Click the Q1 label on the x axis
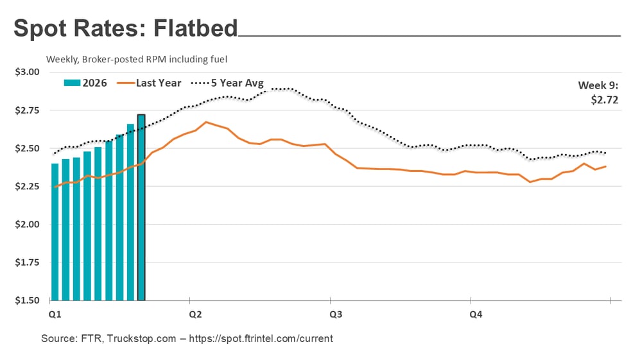[55, 314]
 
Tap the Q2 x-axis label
[195, 314]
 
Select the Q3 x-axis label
[336, 314]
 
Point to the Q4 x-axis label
[476, 314]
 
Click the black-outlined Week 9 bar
[141, 207]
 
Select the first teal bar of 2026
[55, 232]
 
